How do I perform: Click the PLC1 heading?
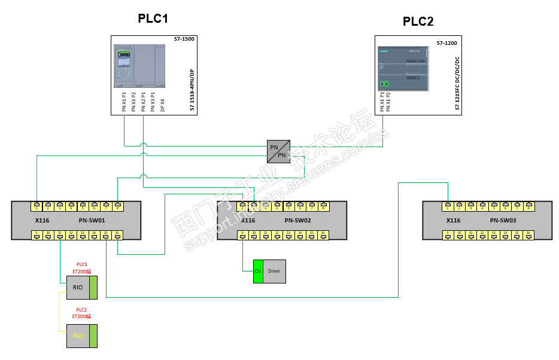pos(153,19)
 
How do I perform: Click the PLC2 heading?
pos(418,22)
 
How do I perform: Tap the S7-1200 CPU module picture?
pos(403,67)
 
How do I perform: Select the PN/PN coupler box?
pos(278,151)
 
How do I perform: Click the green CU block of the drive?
pos(258,271)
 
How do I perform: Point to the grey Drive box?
pos(275,271)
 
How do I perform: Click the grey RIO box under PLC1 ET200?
pos(78,287)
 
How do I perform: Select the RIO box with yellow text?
pos(78,336)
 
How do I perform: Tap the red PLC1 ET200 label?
pos(81,268)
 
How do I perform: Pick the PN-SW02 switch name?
pos(297,220)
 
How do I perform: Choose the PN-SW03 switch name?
pos(503,220)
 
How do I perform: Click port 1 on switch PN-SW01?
pos(37,207)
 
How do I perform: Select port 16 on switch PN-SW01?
pos(117,234)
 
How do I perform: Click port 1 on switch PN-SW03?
pos(448,207)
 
